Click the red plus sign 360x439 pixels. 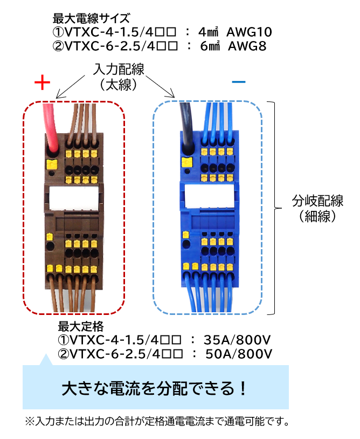click(x=42, y=83)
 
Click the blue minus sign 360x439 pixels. click(x=239, y=82)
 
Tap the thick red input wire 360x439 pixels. click(x=50, y=126)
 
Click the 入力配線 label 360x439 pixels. click(x=119, y=69)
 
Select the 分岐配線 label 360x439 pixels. click(x=318, y=201)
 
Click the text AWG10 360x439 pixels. click(x=249, y=32)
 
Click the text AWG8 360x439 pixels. click(x=247, y=46)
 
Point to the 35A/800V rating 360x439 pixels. click(x=237, y=340)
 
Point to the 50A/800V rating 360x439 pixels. click(x=239, y=354)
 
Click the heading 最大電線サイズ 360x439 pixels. click(x=92, y=18)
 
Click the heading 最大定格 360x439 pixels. click(x=80, y=326)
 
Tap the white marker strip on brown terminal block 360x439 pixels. click(x=74, y=198)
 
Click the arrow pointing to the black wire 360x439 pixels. click(x=160, y=86)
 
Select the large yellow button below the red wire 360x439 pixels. click(x=51, y=164)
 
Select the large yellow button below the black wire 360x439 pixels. click(x=187, y=162)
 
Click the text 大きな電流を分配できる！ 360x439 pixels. click(x=154, y=388)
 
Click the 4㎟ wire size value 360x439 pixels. click(x=209, y=32)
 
